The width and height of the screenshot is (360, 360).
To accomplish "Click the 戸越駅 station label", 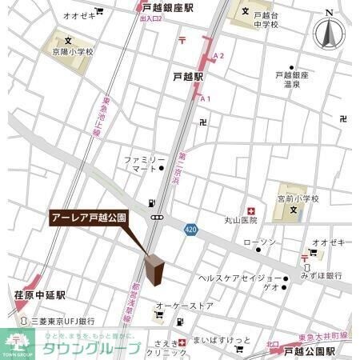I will point(189,77).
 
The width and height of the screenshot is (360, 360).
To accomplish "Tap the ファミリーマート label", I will point(143,165).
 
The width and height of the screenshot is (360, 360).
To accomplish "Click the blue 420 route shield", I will point(189,228).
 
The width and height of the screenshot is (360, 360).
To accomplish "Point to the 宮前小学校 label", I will point(298,198).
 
